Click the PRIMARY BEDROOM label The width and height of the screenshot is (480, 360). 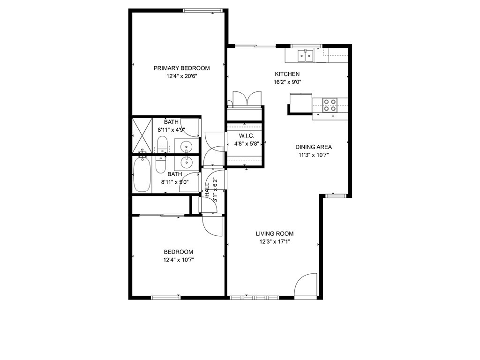[181, 68]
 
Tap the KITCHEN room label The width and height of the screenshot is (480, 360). [287, 74]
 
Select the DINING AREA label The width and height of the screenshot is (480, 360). [314, 147]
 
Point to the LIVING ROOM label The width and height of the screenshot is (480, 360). [275, 233]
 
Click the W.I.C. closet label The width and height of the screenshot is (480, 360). [247, 135]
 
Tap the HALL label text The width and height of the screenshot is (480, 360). [208, 190]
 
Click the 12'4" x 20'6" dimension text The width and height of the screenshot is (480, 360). [181, 76]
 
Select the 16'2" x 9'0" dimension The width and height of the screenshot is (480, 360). [287, 82]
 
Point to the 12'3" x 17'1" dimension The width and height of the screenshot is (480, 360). [275, 241]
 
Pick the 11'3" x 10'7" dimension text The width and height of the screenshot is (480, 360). [314, 155]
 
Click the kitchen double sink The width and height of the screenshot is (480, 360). [306, 56]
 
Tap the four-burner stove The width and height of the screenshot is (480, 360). [330, 105]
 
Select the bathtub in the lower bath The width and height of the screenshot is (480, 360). [142, 174]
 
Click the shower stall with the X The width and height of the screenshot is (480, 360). [142, 135]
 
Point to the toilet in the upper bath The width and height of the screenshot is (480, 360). [162, 144]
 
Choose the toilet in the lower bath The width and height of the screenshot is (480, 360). [161, 165]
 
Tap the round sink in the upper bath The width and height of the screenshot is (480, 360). [186, 146]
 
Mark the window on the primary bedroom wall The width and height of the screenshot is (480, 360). [202, 11]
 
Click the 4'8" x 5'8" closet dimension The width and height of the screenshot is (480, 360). [247, 143]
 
